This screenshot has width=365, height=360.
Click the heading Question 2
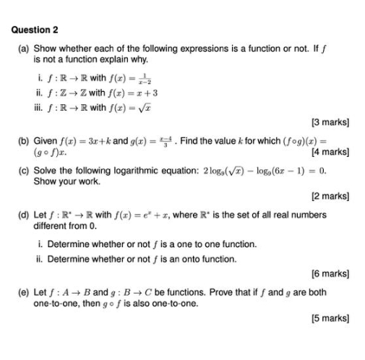35,30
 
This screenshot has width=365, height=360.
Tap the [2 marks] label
330,195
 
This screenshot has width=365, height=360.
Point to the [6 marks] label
330,275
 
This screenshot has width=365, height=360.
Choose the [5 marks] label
330,318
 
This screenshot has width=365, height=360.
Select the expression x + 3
145,93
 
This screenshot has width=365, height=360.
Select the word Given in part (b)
46,140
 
